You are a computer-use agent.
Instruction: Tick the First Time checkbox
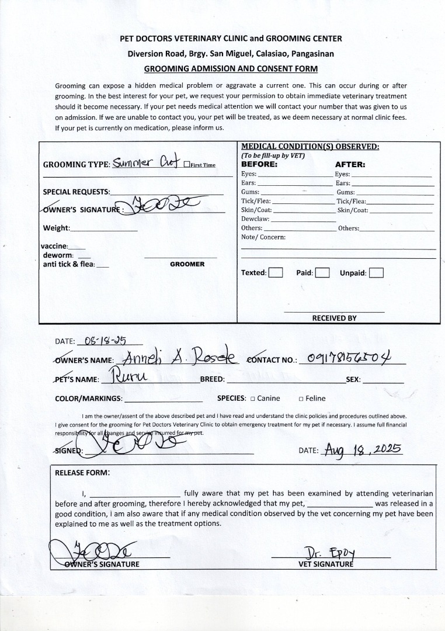click(186, 165)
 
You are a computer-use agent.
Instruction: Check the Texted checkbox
click(276, 273)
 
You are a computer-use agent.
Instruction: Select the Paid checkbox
click(322, 273)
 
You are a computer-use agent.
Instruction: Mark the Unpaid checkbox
click(377, 273)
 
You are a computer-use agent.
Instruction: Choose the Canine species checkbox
click(252, 399)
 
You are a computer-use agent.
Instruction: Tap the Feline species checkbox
click(301, 399)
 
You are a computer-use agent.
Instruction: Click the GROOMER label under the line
click(187, 264)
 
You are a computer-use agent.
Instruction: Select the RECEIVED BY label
click(334, 318)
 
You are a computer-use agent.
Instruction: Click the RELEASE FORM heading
click(82, 473)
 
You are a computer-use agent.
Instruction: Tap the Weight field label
click(56, 228)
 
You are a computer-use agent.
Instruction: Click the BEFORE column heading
click(260, 165)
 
